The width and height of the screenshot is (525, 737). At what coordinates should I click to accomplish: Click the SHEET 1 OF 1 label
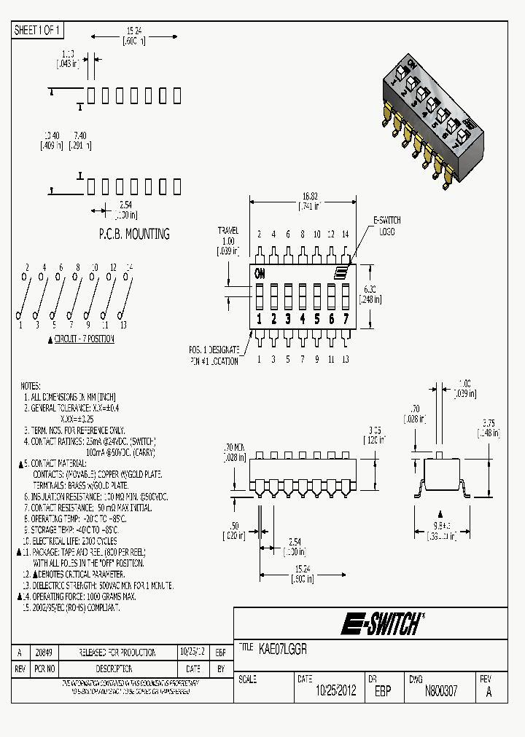pyautogui.click(x=38, y=30)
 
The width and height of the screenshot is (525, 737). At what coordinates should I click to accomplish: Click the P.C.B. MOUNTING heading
pyautogui.click(x=134, y=234)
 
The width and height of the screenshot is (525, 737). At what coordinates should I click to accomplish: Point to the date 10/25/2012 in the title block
pyautogui.click(x=335, y=691)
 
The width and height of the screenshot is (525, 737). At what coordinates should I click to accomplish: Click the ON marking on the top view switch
pyautogui.click(x=260, y=274)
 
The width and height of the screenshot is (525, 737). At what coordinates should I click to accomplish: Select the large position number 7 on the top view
pyautogui.click(x=346, y=318)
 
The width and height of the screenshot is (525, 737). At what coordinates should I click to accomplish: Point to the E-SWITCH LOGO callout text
pyautogui.click(x=386, y=225)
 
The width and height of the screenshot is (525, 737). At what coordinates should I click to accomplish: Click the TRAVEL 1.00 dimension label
pyautogui.click(x=228, y=241)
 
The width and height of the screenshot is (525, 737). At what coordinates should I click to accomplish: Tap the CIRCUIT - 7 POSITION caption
pyautogui.click(x=85, y=339)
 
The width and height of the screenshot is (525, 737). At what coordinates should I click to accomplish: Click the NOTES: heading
pyautogui.click(x=31, y=386)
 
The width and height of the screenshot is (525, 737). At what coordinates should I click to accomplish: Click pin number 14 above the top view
pyautogui.click(x=346, y=234)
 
